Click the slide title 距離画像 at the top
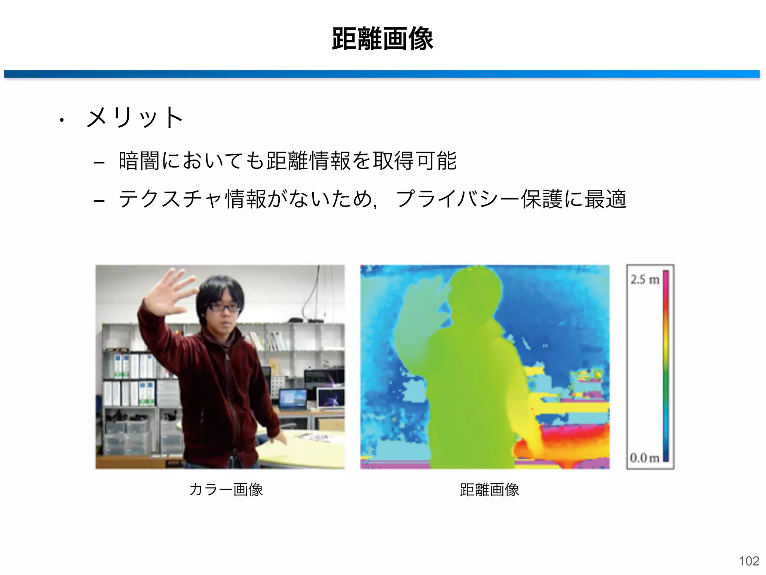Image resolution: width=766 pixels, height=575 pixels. [382, 39]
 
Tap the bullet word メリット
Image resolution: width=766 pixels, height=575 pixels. [135, 118]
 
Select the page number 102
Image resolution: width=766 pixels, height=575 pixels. [749, 561]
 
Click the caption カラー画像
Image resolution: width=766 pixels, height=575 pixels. [226, 490]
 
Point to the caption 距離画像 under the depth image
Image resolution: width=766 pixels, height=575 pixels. [489, 490]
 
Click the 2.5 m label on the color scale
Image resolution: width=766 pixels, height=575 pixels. [644, 279]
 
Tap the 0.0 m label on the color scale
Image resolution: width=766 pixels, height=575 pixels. [644, 457]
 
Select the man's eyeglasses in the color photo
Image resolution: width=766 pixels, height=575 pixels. [223, 307]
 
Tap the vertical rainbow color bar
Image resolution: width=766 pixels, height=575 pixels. [666, 367]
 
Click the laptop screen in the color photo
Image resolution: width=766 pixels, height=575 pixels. [292, 398]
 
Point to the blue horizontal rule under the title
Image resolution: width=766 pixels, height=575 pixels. [382, 74]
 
